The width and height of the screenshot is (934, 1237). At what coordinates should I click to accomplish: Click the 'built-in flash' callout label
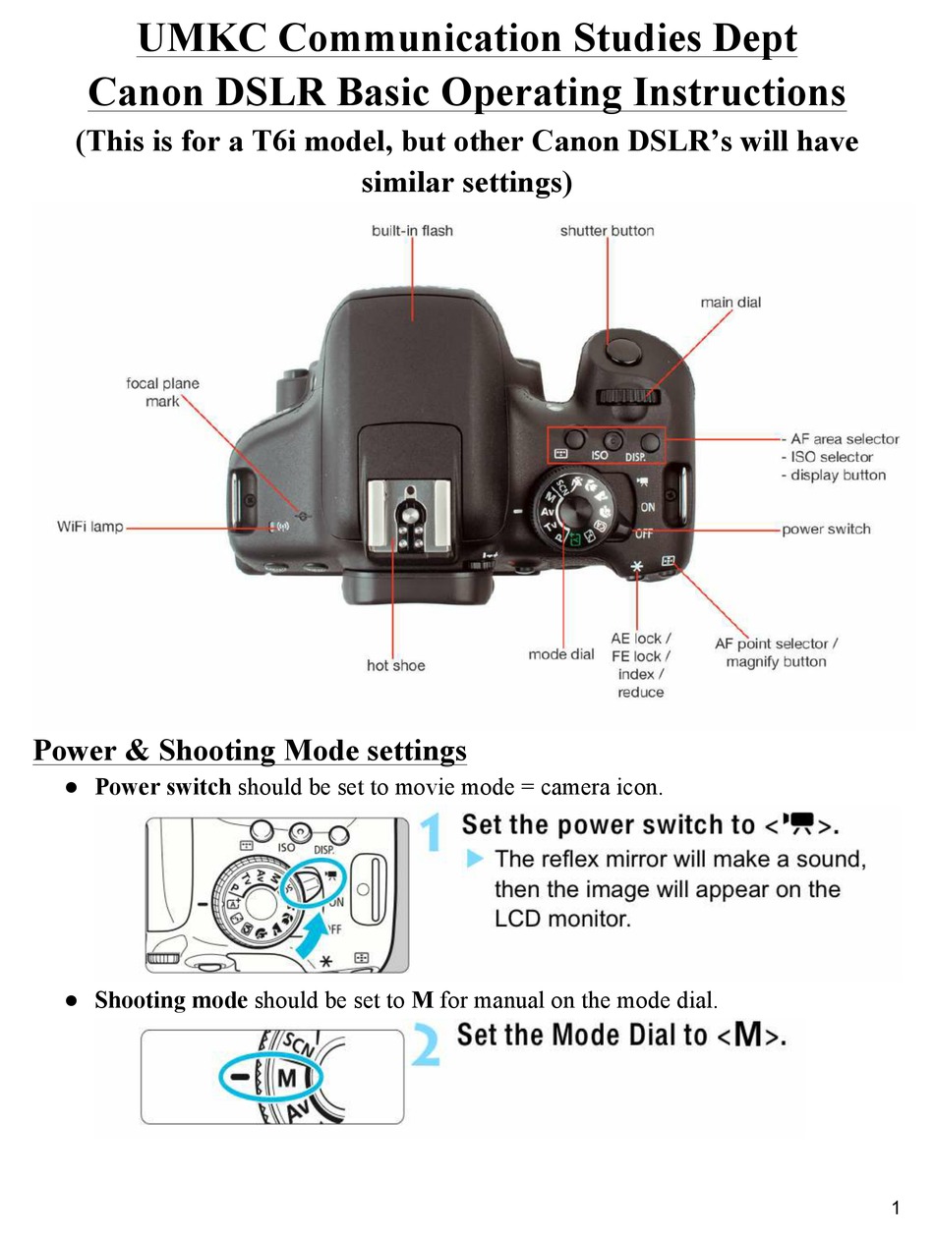pyautogui.click(x=412, y=231)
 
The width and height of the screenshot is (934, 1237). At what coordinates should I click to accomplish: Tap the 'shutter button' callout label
pyautogui.click(x=607, y=231)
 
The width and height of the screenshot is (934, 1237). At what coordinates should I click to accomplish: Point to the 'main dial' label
pyautogui.click(x=730, y=303)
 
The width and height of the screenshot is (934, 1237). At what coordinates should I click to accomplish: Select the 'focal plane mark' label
pyautogui.click(x=163, y=392)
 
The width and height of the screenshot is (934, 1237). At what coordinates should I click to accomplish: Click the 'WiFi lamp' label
pyautogui.click(x=89, y=528)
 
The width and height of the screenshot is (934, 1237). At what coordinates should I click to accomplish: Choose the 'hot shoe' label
pyautogui.click(x=395, y=666)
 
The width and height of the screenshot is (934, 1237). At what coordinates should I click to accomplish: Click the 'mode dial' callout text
pyautogui.click(x=560, y=654)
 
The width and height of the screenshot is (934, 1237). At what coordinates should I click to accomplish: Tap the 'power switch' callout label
pyautogui.click(x=826, y=530)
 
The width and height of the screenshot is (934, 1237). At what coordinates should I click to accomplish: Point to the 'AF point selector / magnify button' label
pyautogui.click(x=776, y=652)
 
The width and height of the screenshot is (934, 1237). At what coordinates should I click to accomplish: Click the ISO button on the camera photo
pyautogui.click(x=614, y=442)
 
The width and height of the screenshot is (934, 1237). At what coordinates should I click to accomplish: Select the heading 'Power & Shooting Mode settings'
pyautogui.click(x=250, y=752)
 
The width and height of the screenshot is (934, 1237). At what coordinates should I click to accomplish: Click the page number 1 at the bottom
pyautogui.click(x=896, y=1208)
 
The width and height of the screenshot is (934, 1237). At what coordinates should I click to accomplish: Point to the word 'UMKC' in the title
pyautogui.click(x=201, y=40)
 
